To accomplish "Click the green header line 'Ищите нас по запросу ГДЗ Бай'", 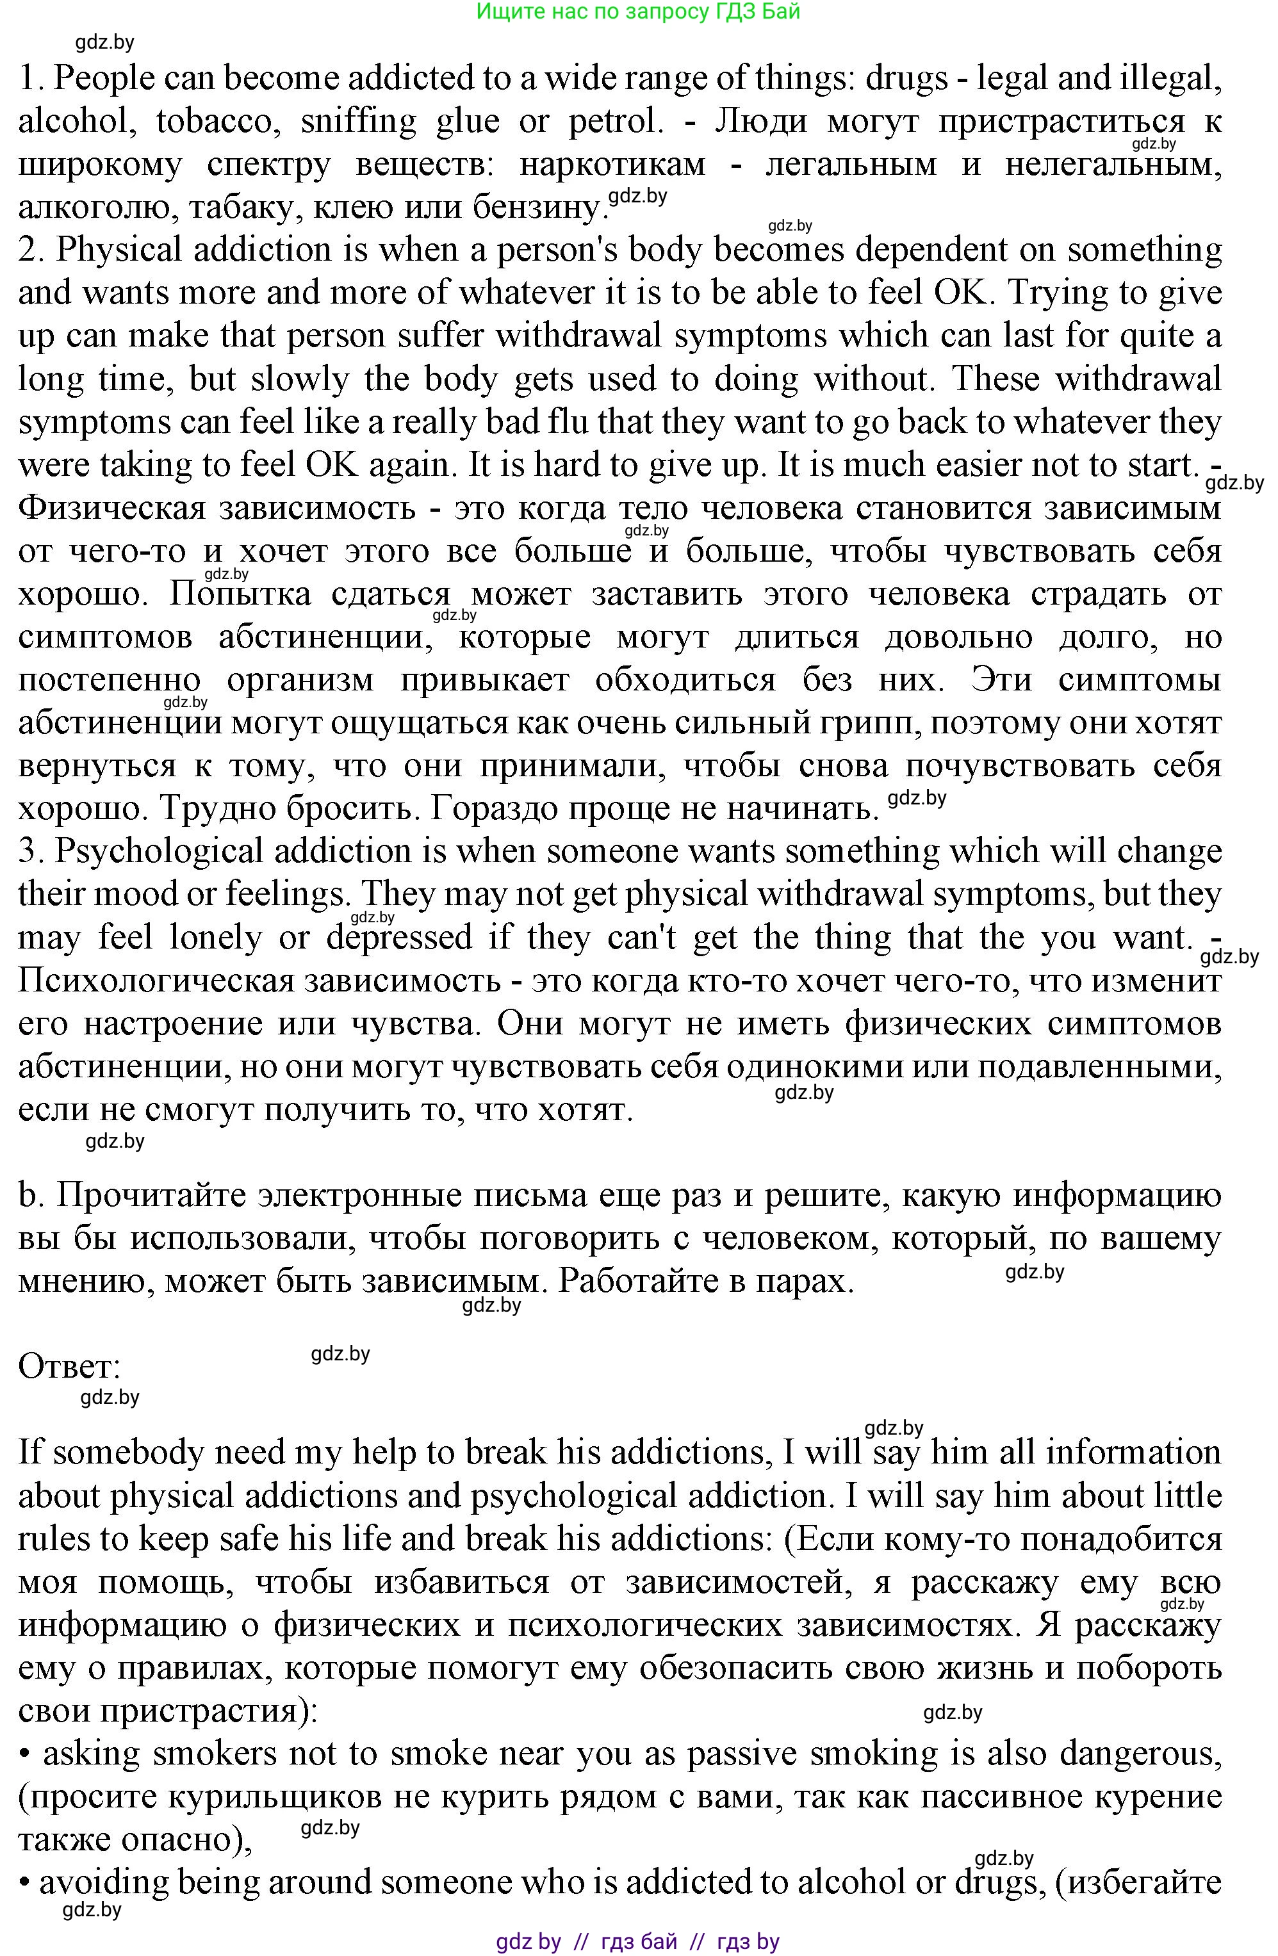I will [638, 12].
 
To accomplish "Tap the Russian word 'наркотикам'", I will [612, 165].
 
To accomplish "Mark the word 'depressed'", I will [400, 938].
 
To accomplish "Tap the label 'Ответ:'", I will [70, 1367].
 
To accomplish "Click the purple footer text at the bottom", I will [638, 1942].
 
